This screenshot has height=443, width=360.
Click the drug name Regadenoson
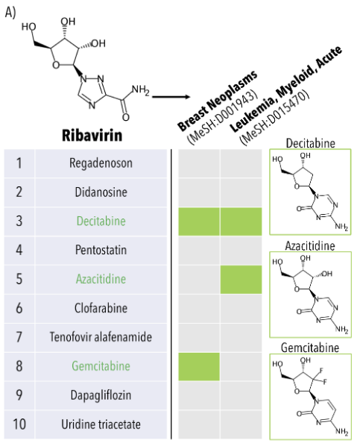tap(101, 163)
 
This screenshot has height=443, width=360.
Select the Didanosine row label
tap(101, 192)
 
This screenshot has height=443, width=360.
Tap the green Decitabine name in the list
tap(101, 221)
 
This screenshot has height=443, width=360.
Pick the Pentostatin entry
tap(101, 250)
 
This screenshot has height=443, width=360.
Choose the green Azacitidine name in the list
tap(101, 279)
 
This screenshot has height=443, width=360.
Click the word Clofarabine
tap(101, 308)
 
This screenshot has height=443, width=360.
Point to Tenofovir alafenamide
tap(101, 337)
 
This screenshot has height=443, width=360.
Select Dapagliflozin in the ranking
tap(101, 395)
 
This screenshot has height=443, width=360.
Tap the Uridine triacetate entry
tap(101, 424)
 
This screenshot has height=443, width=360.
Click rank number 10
tap(19, 424)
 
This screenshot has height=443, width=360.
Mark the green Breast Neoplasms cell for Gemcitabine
tap(199, 366)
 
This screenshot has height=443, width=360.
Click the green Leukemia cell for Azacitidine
tap(241, 280)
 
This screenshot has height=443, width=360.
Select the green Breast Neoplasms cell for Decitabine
tap(199, 221)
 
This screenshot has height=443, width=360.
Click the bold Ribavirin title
tap(92, 135)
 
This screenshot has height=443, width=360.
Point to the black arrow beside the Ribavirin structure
tap(171, 97)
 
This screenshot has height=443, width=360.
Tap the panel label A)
tap(10, 12)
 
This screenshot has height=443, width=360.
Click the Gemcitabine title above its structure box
tap(310, 348)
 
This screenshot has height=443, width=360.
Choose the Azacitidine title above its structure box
tap(310, 245)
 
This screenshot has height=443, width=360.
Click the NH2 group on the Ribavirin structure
tap(140, 90)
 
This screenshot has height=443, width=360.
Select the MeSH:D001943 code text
tap(223, 117)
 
